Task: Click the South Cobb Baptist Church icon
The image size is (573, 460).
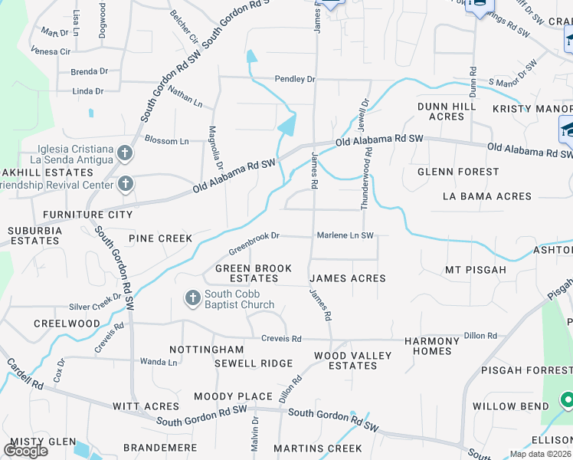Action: [192, 297]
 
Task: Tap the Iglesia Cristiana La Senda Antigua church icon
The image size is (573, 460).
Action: [126, 153]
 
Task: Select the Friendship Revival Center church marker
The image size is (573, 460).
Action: [126, 184]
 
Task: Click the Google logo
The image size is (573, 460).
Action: [25, 451]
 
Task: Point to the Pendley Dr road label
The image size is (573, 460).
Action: [295, 79]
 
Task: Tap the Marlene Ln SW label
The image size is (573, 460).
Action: [345, 235]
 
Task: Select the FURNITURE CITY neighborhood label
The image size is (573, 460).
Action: [87, 215]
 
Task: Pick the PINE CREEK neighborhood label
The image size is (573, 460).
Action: [160, 238]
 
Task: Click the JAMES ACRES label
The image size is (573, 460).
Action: [347, 278]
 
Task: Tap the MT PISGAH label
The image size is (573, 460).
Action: [476, 270]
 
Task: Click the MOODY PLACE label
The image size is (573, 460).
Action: [233, 396]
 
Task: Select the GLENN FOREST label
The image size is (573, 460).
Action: [457, 172]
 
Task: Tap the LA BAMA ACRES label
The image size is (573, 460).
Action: [486, 196]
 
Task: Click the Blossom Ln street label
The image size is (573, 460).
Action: [166, 141]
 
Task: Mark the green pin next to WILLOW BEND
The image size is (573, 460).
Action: [567, 399]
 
